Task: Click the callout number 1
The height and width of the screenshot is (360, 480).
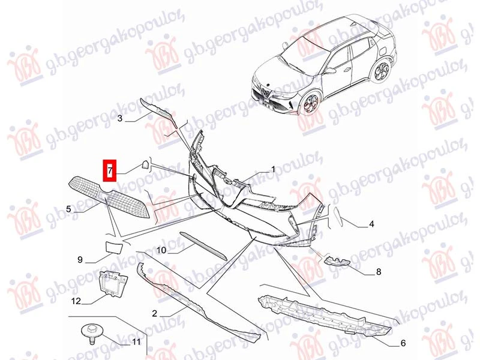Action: (x=273, y=169)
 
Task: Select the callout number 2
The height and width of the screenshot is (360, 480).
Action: (x=155, y=313)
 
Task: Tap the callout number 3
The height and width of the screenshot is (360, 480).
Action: (x=119, y=118)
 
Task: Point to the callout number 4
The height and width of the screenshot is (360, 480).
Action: (x=371, y=224)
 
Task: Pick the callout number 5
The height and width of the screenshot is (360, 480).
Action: (x=68, y=209)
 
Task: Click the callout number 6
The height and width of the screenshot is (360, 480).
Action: (x=403, y=343)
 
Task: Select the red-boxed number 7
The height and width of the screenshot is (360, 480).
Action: (x=110, y=170)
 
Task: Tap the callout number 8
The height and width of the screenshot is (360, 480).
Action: (x=379, y=272)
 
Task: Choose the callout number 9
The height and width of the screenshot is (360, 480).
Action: (x=80, y=260)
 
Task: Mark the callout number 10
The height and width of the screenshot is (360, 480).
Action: (x=161, y=250)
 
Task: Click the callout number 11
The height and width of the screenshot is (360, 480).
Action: (x=136, y=341)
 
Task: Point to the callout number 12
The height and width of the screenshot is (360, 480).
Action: (x=76, y=301)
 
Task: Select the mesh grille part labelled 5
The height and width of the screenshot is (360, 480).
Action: (x=109, y=196)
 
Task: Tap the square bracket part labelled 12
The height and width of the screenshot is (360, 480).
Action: (x=112, y=284)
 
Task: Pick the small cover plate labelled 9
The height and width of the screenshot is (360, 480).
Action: (x=114, y=247)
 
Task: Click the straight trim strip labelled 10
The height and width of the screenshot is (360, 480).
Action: (x=203, y=246)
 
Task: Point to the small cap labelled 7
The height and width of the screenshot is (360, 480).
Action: (x=145, y=166)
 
